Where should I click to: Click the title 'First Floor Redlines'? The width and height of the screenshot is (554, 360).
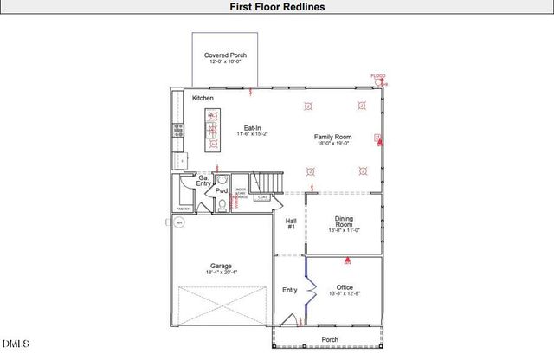pyautogui.click(x=277, y=7)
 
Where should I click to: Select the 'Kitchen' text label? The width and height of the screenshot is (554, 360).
pyautogui.click(x=203, y=98)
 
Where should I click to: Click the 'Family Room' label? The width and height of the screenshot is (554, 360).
pyautogui.click(x=332, y=138)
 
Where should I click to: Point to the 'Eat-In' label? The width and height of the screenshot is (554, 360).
pyautogui.click(x=253, y=128)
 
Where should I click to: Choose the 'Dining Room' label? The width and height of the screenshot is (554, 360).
pyautogui.click(x=344, y=223)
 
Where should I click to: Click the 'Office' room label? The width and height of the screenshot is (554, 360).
pyautogui.click(x=345, y=287)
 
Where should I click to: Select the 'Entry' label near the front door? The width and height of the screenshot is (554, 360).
pyautogui.click(x=289, y=291)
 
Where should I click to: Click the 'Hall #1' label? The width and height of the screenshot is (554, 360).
pyautogui.click(x=291, y=223)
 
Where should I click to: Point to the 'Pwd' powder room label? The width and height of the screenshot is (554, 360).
pyautogui.click(x=222, y=190)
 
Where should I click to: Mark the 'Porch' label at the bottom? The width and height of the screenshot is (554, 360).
pyautogui.click(x=330, y=340)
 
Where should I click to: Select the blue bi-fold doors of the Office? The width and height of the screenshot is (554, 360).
pyautogui.click(x=310, y=286)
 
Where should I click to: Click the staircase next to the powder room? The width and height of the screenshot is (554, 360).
pyautogui.click(x=273, y=183)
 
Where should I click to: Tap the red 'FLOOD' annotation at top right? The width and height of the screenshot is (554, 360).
pyautogui.click(x=377, y=77)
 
